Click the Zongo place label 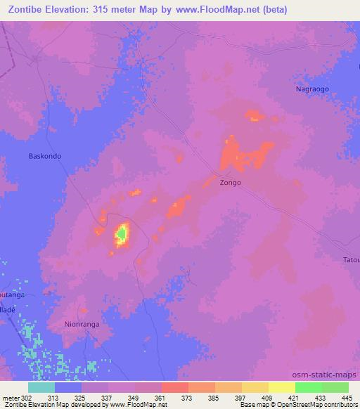pos(230,183)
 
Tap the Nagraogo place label pos(311,90)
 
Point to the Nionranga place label pos(82,325)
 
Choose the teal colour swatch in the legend pos(41,387)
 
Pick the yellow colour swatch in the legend pos(282,387)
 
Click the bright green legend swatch pos(309,387)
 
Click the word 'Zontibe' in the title pos(27,11)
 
